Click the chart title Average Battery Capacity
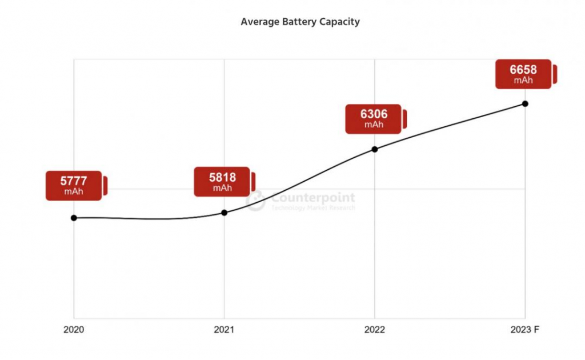[x=300, y=22]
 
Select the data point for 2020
[x=74, y=218]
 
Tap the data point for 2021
[x=224, y=213]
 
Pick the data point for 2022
[x=375, y=149]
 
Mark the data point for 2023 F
[x=525, y=103]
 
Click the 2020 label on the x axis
[x=74, y=330]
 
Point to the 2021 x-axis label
[x=224, y=330]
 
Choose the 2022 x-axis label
[x=375, y=330]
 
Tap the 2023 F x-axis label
[x=525, y=330]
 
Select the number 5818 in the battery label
[x=222, y=178]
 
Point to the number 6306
[x=373, y=114]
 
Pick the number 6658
[x=523, y=70]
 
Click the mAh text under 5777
[x=74, y=192]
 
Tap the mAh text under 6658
[x=523, y=81]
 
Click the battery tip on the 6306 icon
[x=404, y=119]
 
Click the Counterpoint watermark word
[x=312, y=198]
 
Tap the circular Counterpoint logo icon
[x=256, y=201]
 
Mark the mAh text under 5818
[x=222, y=188]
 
